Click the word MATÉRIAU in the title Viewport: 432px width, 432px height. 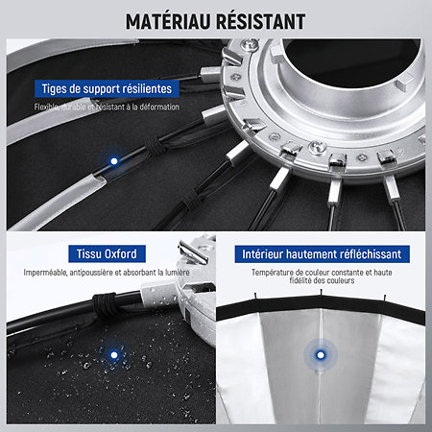[x=168, y=21]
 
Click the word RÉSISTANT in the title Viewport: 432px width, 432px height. [x=260, y=21]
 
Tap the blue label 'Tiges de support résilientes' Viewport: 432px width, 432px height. [x=107, y=88]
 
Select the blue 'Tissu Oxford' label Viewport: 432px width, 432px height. [x=107, y=253]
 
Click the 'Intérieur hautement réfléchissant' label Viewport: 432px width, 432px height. [x=322, y=254]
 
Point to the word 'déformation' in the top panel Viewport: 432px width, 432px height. [x=159, y=107]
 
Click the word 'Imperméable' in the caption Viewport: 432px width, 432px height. [x=45, y=273]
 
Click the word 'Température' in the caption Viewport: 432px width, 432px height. [x=273, y=273]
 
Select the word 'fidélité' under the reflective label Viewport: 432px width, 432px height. [x=301, y=280]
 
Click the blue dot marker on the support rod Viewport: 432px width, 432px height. [x=114, y=161]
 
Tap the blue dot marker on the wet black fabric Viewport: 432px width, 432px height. [x=114, y=355]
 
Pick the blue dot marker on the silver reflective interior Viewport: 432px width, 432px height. [x=321, y=355]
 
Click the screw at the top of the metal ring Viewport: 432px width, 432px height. [x=250, y=44]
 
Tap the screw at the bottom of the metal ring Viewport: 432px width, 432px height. [x=318, y=148]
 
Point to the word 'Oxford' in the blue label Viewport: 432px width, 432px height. [x=121, y=253]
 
